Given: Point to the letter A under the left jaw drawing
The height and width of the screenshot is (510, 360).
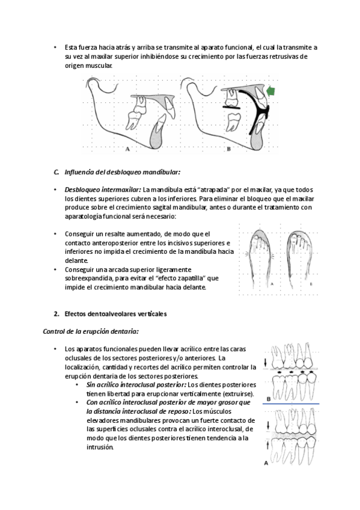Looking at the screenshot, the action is click(127, 149).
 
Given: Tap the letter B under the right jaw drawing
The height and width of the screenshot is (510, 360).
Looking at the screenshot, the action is click(229, 149).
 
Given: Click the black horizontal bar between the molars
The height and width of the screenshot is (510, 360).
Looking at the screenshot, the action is click(231, 106).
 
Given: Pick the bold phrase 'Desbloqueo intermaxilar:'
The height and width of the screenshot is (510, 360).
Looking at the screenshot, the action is click(103, 189).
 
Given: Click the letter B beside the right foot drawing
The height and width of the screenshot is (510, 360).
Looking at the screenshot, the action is click(311, 284).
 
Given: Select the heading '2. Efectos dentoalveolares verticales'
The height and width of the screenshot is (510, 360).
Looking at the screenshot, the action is click(110, 314).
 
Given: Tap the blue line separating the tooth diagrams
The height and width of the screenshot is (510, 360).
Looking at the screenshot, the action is click(291, 404).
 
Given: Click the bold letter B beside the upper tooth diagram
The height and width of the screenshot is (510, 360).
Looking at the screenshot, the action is click(269, 399).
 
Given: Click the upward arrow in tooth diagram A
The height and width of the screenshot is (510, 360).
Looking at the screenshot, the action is click(267, 444).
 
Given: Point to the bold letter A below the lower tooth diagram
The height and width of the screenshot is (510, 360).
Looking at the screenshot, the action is click(266, 463).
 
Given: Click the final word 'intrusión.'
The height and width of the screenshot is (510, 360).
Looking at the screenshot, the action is click(100, 447).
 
